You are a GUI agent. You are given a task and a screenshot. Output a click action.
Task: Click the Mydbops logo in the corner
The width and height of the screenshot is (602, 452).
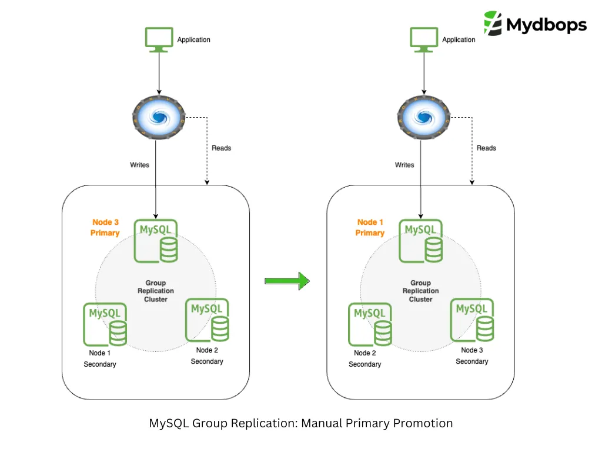(x=535, y=24)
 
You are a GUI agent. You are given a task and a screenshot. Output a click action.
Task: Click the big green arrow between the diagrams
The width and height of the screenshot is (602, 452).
(x=287, y=281)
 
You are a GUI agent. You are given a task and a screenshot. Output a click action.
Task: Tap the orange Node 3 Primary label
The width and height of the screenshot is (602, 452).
(x=105, y=228)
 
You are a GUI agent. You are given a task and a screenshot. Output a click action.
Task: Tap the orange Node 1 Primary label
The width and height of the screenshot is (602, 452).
(x=370, y=228)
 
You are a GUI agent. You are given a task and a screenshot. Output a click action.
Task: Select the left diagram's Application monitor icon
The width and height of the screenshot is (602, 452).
(x=159, y=39)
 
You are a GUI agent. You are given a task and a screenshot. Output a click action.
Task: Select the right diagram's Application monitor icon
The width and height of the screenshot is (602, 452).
(x=423, y=39)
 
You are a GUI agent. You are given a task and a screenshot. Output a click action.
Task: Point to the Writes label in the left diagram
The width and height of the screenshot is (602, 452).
(x=140, y=165)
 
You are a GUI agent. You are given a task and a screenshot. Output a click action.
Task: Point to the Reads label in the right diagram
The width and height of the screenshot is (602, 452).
(x=486, y=148)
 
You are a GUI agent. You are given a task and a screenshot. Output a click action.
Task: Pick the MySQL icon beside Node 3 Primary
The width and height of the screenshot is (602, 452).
(x=156, y=241)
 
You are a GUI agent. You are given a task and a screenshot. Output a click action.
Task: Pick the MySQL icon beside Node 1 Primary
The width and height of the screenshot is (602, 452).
(x=421, y=241)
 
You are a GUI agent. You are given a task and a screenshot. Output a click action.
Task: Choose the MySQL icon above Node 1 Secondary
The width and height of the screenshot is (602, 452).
(x=105, y=324)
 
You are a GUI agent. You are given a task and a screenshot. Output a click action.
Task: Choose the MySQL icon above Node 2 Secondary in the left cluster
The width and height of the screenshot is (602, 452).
(x=208, y=320)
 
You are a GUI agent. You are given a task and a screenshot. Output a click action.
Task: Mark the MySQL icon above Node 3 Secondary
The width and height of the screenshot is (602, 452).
(x=472, y=320)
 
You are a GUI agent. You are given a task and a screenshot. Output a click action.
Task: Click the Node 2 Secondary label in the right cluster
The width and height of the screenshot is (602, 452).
(x=365, y=358)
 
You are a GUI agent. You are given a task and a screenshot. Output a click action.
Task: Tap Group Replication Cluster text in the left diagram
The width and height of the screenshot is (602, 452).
(x=156, y=291)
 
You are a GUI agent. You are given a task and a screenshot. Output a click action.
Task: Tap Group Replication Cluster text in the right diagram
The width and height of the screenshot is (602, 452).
(x=421, y=291)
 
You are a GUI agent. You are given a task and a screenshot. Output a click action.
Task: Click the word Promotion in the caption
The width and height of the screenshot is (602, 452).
(x=423, y=423)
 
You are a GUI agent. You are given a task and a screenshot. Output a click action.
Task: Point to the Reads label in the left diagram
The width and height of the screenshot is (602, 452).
(x=222, y=148)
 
